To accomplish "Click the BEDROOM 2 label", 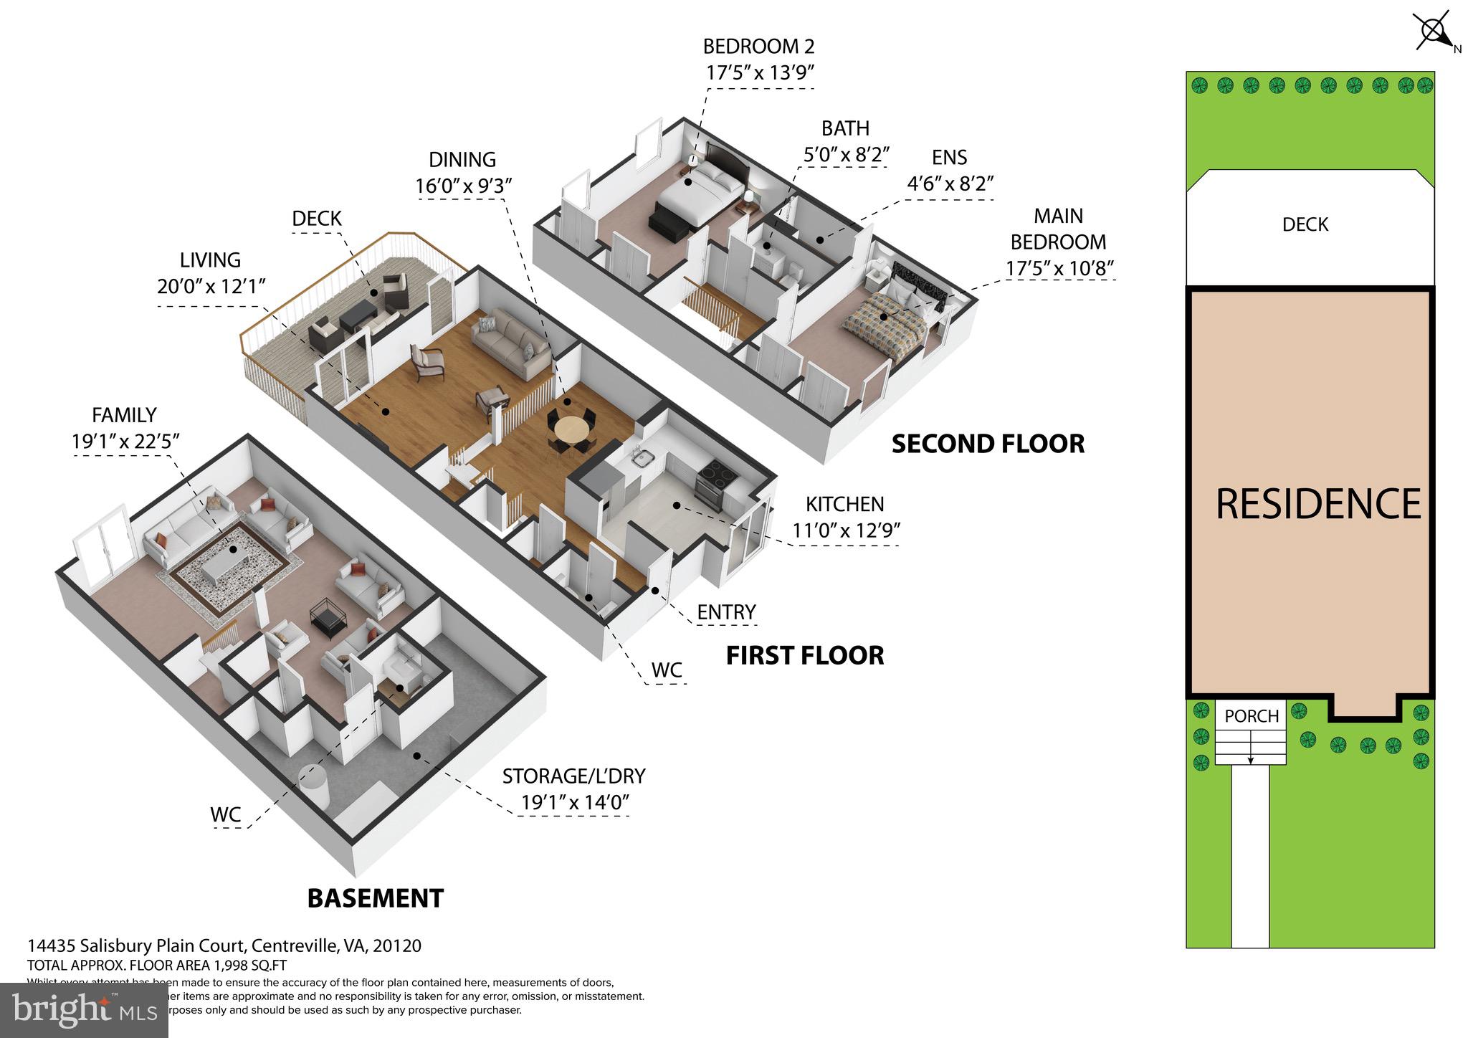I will [758, 47].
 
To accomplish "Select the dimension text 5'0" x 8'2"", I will [845, 155].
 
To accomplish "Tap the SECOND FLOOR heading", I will [987, 444].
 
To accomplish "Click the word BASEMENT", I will [375, 898].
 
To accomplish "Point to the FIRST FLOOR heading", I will [804, 655].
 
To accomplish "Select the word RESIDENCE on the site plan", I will [1317, 504].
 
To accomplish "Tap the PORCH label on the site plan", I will [1251, 716].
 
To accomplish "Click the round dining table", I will [571, 431].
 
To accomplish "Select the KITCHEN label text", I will [844, 504].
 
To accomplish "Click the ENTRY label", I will [726, 612].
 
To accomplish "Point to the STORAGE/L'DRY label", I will [573, 776].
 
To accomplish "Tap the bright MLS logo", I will [84, 1010].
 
